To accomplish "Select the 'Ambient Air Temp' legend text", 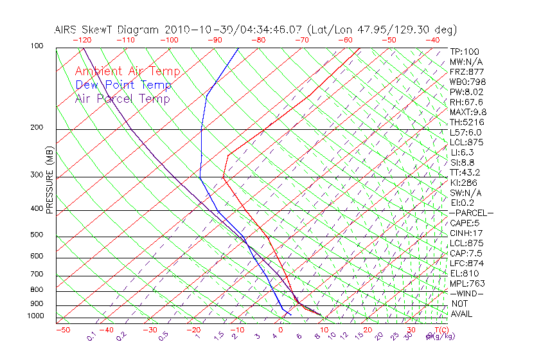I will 127,71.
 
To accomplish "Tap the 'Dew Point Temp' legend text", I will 123,85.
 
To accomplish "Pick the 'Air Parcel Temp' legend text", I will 122,98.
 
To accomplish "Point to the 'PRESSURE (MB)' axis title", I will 50,183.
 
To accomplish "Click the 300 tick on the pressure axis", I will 37,175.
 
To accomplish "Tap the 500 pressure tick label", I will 37,235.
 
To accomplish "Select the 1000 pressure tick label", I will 35,316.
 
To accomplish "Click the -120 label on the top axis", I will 82,40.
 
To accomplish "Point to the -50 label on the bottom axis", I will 62,330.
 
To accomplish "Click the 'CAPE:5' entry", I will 465,223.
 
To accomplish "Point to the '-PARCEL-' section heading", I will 471,213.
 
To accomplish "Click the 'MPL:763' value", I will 467,283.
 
